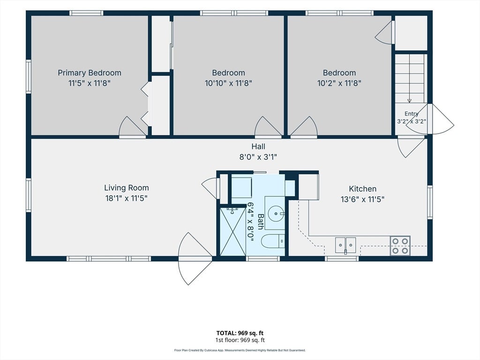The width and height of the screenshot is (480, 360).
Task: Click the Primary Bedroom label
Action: [90, 73]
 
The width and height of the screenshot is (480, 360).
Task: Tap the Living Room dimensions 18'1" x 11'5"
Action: [127, 198]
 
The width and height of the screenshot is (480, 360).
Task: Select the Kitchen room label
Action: [362, 189]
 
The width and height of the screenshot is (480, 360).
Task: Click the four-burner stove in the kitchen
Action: [400, 246]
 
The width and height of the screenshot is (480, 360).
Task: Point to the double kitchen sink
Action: [345, 245]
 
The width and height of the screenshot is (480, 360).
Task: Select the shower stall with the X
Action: [232, 231]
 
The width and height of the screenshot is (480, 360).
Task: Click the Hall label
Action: [258, 147]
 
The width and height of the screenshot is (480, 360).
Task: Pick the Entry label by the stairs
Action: [412, 113]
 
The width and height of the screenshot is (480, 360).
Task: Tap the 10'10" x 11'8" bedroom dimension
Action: [228, 83]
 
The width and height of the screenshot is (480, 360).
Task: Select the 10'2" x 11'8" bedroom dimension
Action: [339, 83]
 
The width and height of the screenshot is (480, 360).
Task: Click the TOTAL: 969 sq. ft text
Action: [240, 333]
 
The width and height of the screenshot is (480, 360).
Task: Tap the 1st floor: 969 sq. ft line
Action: [240, 340]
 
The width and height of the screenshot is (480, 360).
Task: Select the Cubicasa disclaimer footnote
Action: [240, 350]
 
